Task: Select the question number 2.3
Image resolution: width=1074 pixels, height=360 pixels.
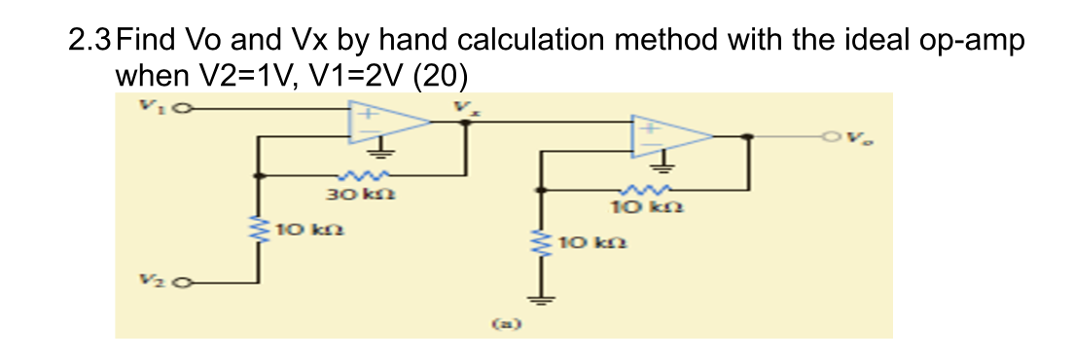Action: tap(92, 42)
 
